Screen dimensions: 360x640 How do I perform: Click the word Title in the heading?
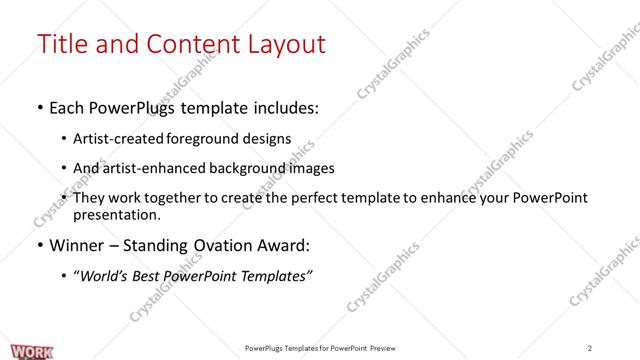click(63, 45)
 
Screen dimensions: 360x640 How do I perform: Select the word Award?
click(286, 245)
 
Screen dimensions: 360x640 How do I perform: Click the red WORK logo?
click(19, 350)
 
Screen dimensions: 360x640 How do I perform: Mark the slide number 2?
click(590, 348)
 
